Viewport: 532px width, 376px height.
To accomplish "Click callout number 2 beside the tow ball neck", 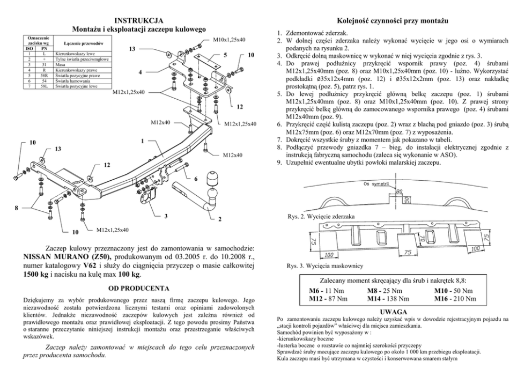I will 220,219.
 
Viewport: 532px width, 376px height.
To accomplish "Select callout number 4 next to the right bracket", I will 140,72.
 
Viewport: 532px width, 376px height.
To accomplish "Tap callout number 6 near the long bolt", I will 195,178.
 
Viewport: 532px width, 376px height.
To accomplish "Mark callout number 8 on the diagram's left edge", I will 17,207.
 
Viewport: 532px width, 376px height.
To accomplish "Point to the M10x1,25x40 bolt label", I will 229,40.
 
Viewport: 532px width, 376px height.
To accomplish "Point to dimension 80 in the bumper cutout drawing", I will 399,190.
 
